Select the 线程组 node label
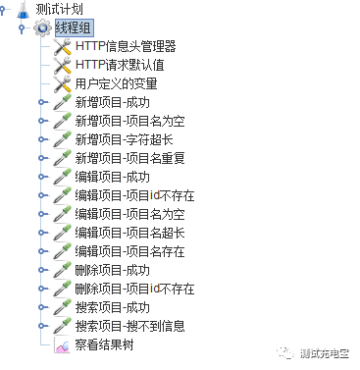(x=74, y=27)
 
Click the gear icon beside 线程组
(x=42, y=27)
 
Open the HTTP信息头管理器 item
(x=125, y=46)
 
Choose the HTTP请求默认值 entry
(x=119, y=65)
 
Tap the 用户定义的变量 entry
(x=116, y=83)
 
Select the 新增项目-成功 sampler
(x=112, y=102)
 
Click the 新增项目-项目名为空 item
(x=129, y=121)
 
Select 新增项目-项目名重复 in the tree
(x=129, y=158)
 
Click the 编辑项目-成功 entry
(x=112, y=177)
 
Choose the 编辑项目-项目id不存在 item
(x=134, y=195)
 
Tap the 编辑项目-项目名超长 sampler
(x=129, y=233)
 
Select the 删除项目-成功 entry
(x=112, y=270)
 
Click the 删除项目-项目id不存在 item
(x=134, y=289)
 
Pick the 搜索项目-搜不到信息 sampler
(x=129, y=326)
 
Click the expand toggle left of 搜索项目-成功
(x=41, y=307)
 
